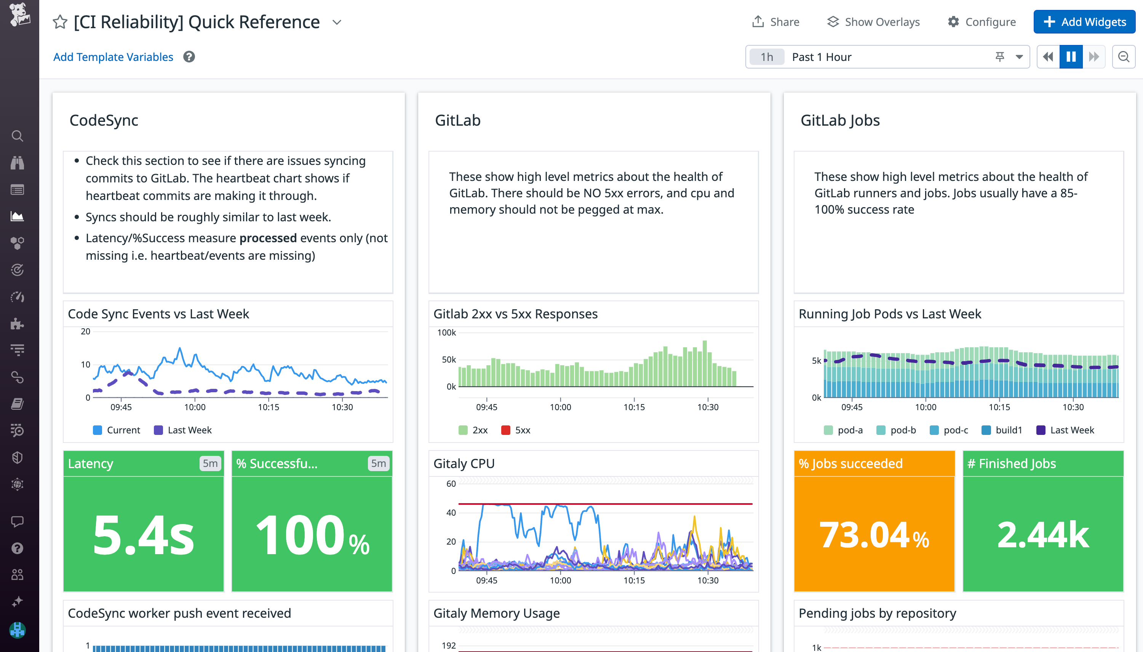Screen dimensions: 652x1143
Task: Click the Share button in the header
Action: tap(775, 22)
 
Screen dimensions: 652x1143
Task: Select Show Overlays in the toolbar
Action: tap(873, 22)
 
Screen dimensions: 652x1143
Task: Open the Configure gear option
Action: tap(982, 22)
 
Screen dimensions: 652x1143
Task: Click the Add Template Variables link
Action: tap(113, 57)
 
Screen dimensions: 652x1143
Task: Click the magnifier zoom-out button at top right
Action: tap(1123, 57)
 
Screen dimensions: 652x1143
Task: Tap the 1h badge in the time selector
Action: tap(766, 57)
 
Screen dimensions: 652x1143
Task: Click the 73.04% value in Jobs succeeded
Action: tap(873, 535)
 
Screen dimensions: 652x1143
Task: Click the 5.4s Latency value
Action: tap(143, 535)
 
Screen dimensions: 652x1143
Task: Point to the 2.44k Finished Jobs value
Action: tap(1043, 535)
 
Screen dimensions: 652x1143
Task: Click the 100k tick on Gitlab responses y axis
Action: tap(446, 332)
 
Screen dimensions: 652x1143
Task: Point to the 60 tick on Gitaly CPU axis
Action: tap(451, 484)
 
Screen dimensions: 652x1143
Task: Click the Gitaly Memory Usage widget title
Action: tap(496, 613)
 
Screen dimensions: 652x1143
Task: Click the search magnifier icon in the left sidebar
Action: tap(18, 136)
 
